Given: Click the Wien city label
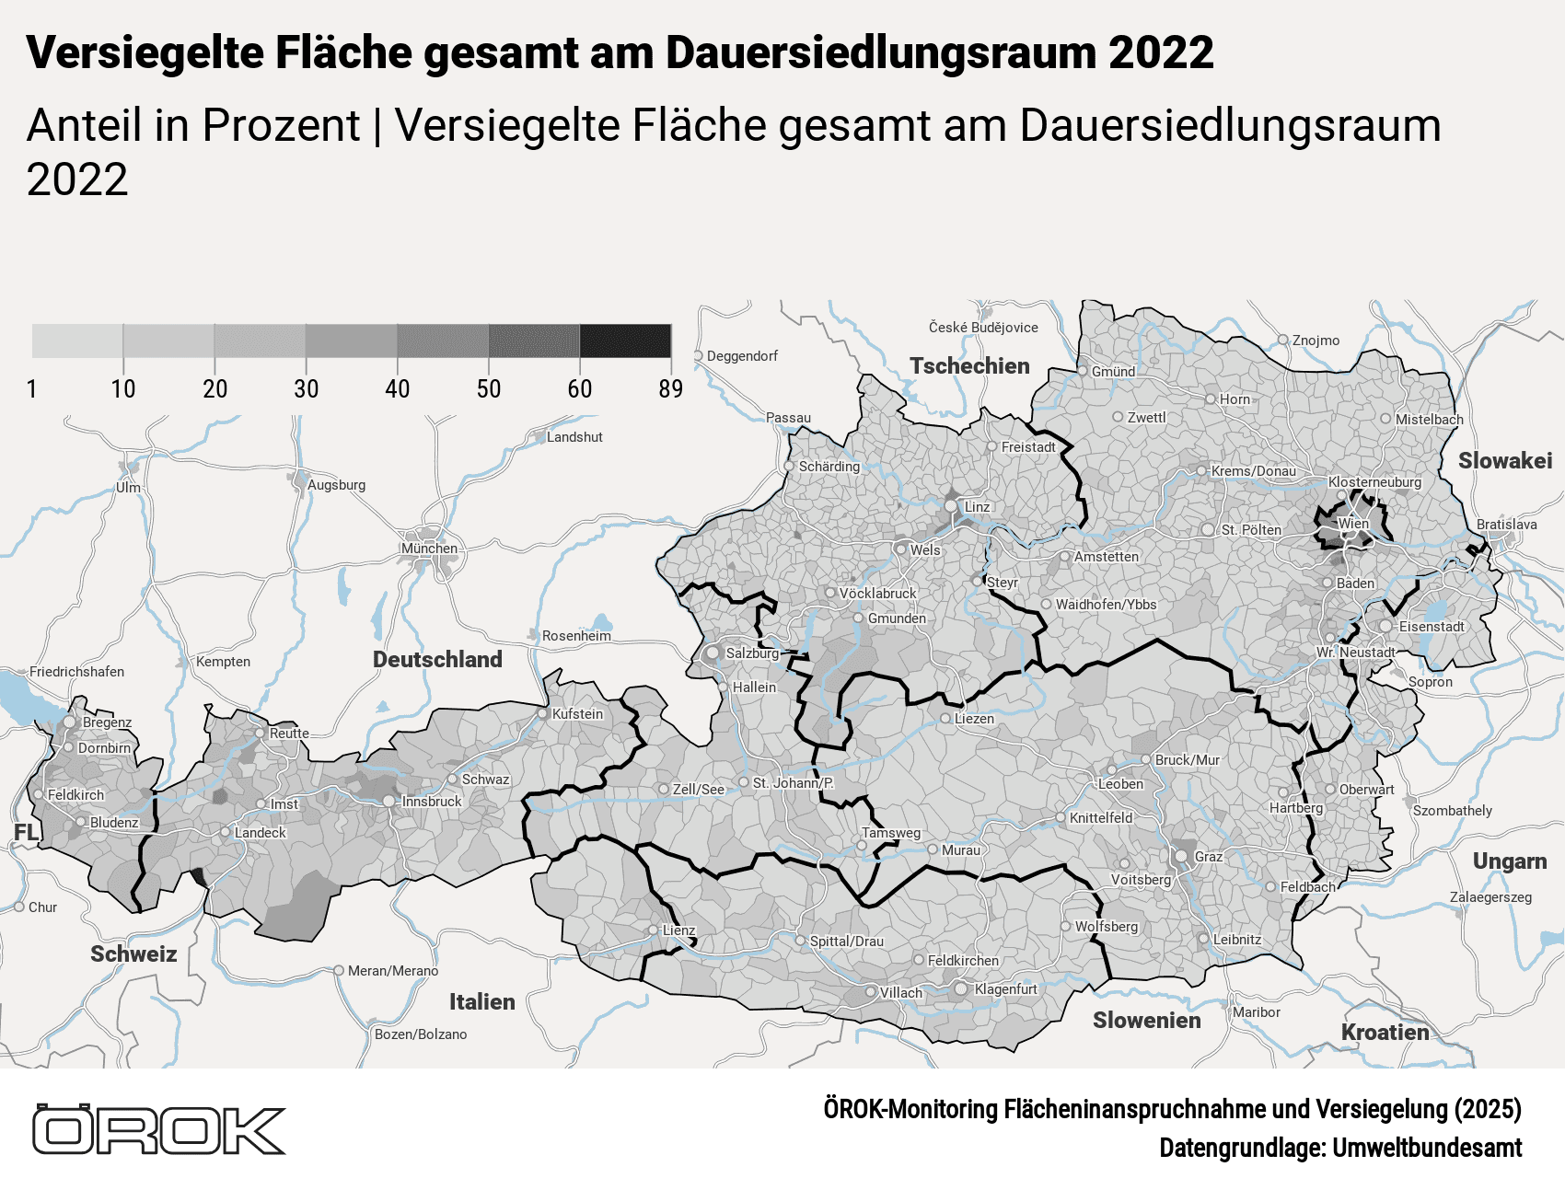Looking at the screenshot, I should point(1353,524).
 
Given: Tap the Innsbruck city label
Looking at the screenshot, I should point(432,802).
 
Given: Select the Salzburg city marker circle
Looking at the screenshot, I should point(713,653).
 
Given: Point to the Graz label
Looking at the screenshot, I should point(1209,857).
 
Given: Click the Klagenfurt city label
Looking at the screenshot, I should point(1005,989).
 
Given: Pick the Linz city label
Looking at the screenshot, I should point(977,507).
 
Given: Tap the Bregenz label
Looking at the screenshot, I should point(107,722).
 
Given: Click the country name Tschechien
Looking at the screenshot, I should point(969,366).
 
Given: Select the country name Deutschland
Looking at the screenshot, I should point(437,660).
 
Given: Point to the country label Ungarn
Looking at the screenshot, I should point(1509,861).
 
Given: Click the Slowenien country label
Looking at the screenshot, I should point(1146,1021).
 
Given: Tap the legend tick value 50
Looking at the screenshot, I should point(489,389).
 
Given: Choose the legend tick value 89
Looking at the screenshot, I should point(670,389).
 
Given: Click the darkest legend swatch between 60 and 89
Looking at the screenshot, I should point(625,341).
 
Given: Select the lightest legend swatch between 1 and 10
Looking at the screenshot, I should point(77,341).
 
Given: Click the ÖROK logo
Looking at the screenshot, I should point(158,1130).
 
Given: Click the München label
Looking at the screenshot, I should point(429,549).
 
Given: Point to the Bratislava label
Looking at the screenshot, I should point(1506,525).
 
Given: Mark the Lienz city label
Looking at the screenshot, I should point(678,930).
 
